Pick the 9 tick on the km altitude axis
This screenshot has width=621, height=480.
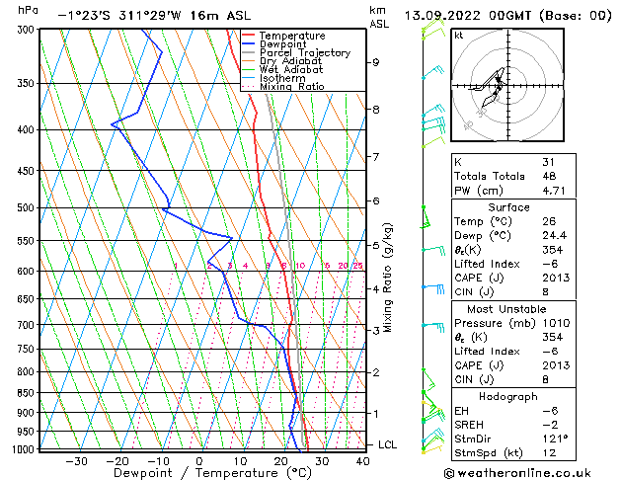click(376, 62)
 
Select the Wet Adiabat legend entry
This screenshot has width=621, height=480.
click(291, 69)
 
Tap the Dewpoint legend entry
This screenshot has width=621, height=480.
click(281, 44)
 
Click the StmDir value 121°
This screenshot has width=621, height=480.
click(554, 439)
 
